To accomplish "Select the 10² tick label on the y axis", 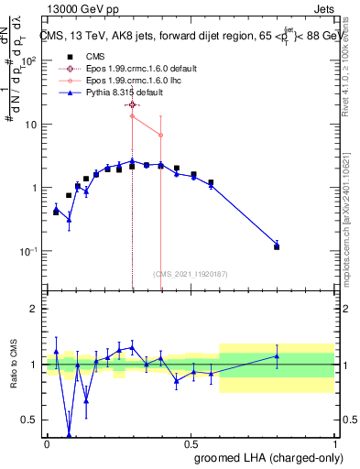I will point(27,61).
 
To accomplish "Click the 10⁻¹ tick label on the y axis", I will point(27,251).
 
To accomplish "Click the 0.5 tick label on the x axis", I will point(191,443).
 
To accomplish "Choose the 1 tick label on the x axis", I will point(334,443).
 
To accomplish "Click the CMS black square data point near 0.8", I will point(277,247).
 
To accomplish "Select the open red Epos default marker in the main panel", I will point(133,105).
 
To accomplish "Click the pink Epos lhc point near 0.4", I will point(161,135).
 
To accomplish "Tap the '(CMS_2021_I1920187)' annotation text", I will point(191,274).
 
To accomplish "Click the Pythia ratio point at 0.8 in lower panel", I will point(277,356).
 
